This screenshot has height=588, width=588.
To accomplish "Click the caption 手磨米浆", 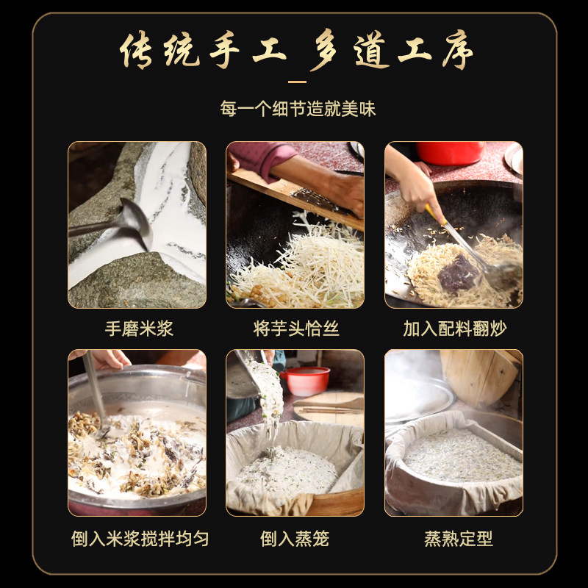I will (138, 329).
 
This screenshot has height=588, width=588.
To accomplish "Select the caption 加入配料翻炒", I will (454, 329).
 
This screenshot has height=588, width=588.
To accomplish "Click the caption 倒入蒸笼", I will (294, 539).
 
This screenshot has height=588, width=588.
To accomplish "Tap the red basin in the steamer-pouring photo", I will (306, 380).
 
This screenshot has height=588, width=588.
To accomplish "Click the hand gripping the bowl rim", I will (103, 358).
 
